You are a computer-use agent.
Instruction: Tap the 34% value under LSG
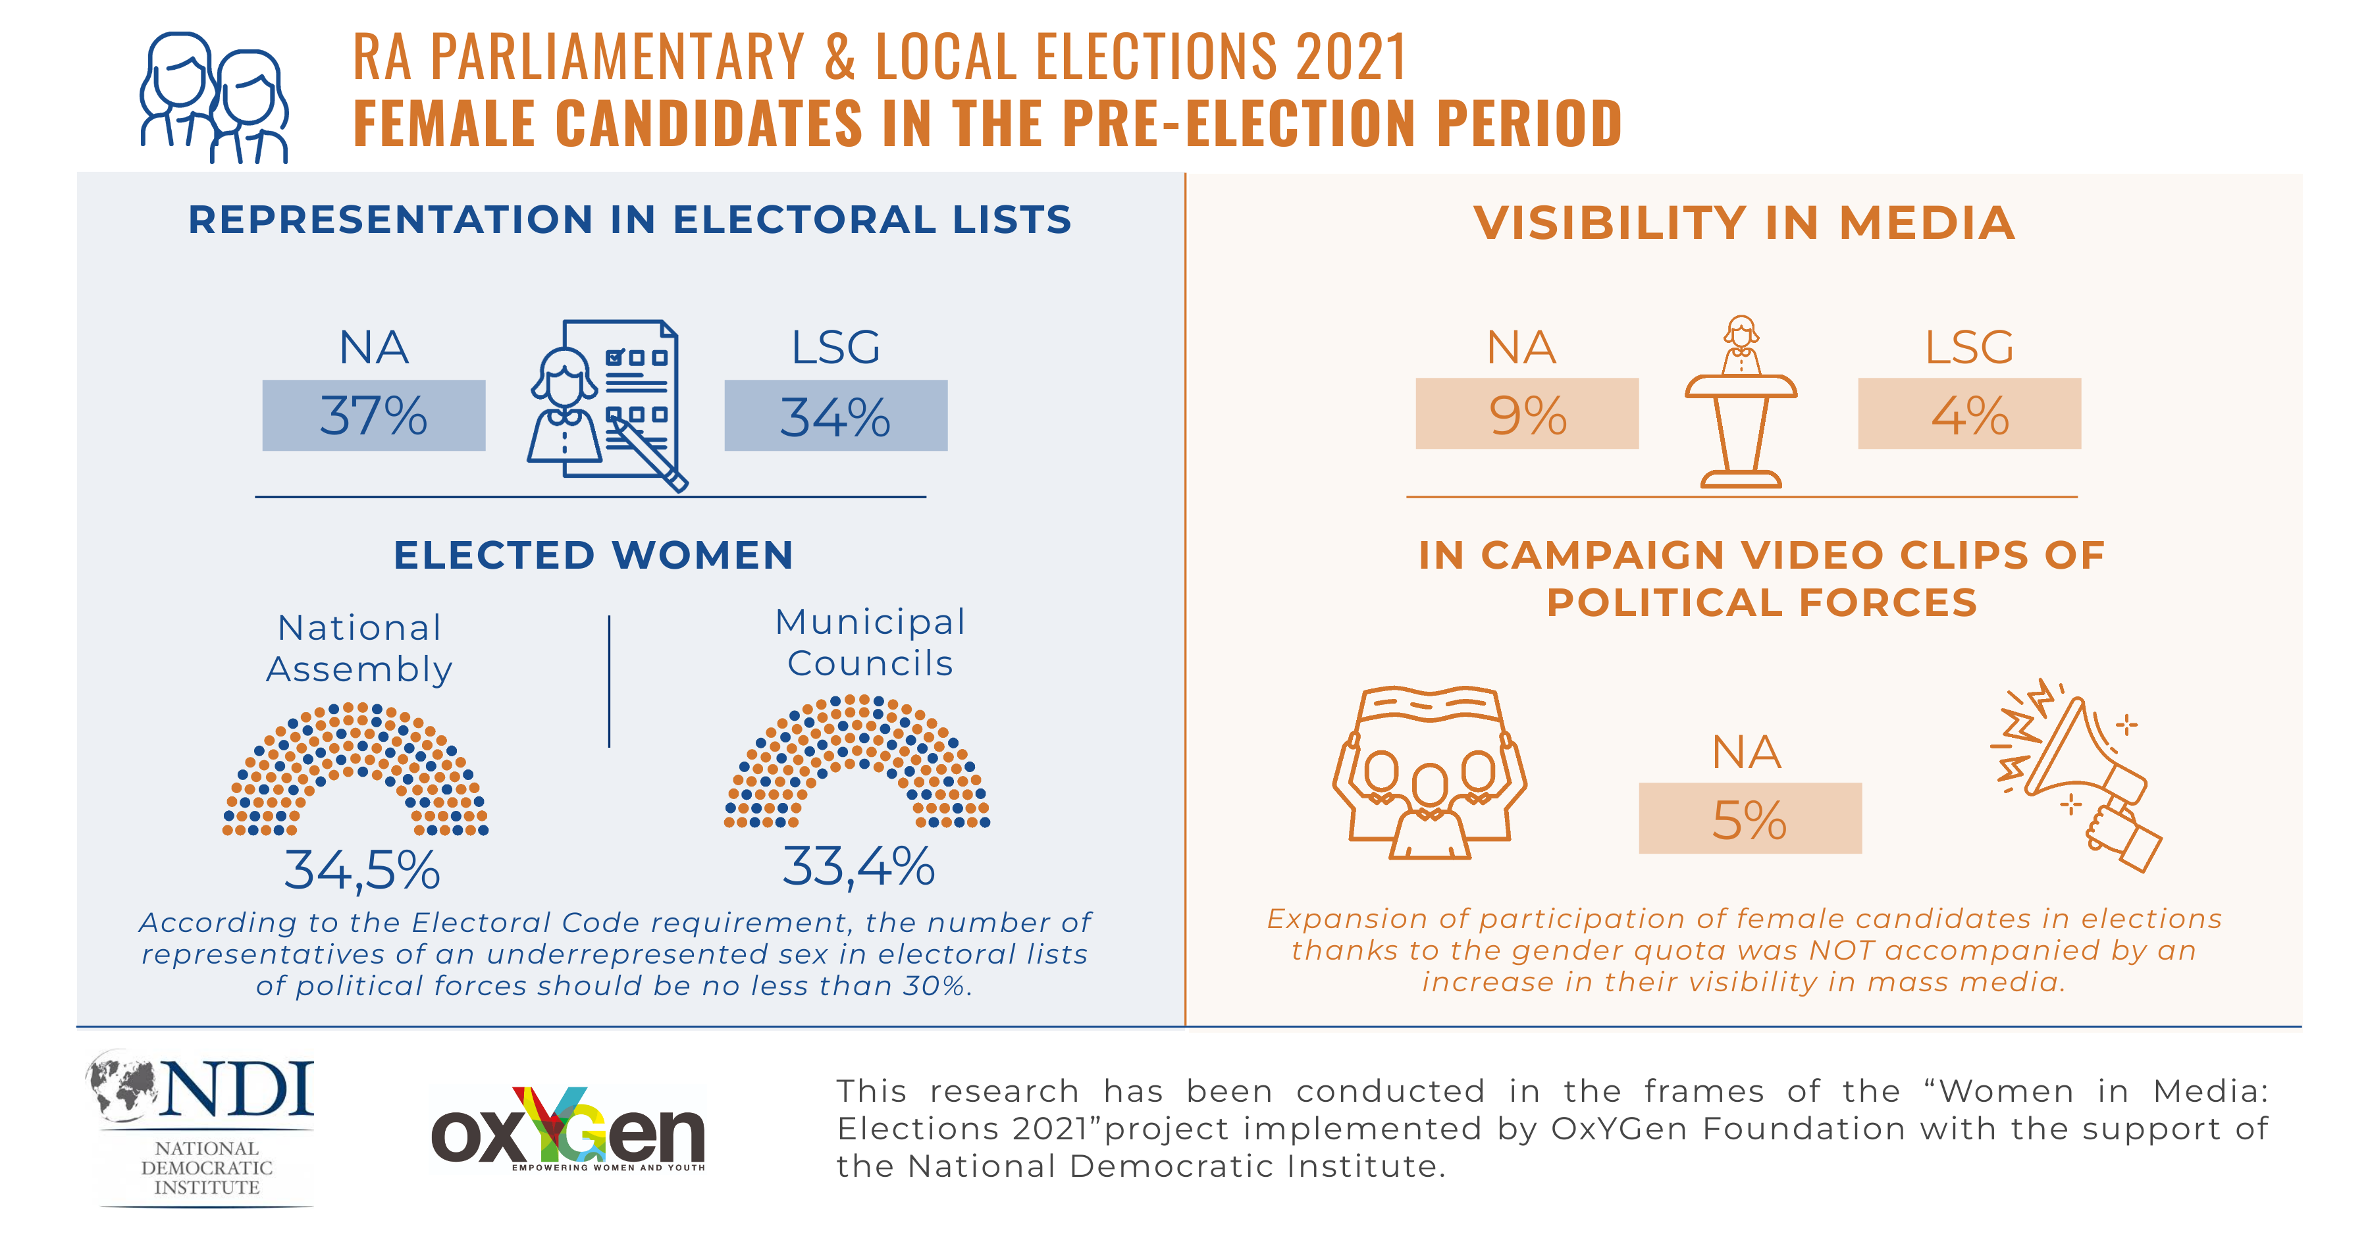[835, 416]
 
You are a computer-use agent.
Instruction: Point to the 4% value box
[1969, 414]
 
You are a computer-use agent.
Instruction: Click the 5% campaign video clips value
[1749, 819]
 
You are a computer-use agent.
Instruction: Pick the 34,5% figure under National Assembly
[361, 869]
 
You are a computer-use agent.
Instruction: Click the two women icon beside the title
[215, 97]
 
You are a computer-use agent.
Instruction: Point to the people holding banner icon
[1429, 772]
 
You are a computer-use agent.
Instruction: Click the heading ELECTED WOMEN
[593, 555]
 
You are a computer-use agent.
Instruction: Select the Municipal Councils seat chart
[857, 763]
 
